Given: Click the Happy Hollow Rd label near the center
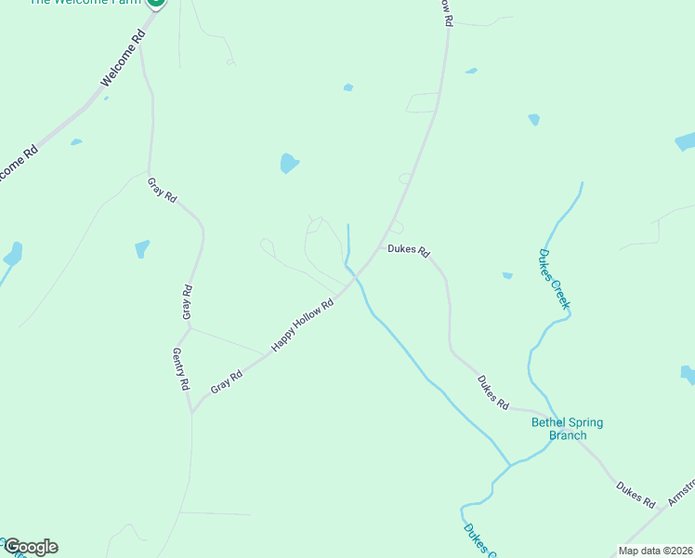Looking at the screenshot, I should tap(303, 325).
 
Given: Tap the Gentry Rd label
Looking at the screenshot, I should tap(181, 369).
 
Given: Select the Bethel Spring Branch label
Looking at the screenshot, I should tap(567, 429).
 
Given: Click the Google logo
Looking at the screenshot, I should tap(30, 547).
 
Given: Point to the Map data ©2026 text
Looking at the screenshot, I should tap(655, 551).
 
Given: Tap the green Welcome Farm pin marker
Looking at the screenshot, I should tap(156, 3).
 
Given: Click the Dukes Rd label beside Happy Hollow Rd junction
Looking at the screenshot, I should tap(409, 250).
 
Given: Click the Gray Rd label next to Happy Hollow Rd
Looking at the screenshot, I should tap(226, 381).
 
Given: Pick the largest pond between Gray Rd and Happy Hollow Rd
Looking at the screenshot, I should tap(290, 164).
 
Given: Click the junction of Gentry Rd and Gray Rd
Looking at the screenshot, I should tap(191, 411).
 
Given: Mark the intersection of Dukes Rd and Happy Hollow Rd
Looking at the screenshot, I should tap(383, 246).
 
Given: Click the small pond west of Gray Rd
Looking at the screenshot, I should tap(142, 248).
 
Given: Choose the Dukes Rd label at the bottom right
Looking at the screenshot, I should tap(636, 494).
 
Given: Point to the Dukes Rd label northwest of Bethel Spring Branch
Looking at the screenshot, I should tap(493, 392).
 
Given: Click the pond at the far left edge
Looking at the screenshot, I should tap(12, 253).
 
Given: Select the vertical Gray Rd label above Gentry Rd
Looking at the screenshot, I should tap(188, 303).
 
